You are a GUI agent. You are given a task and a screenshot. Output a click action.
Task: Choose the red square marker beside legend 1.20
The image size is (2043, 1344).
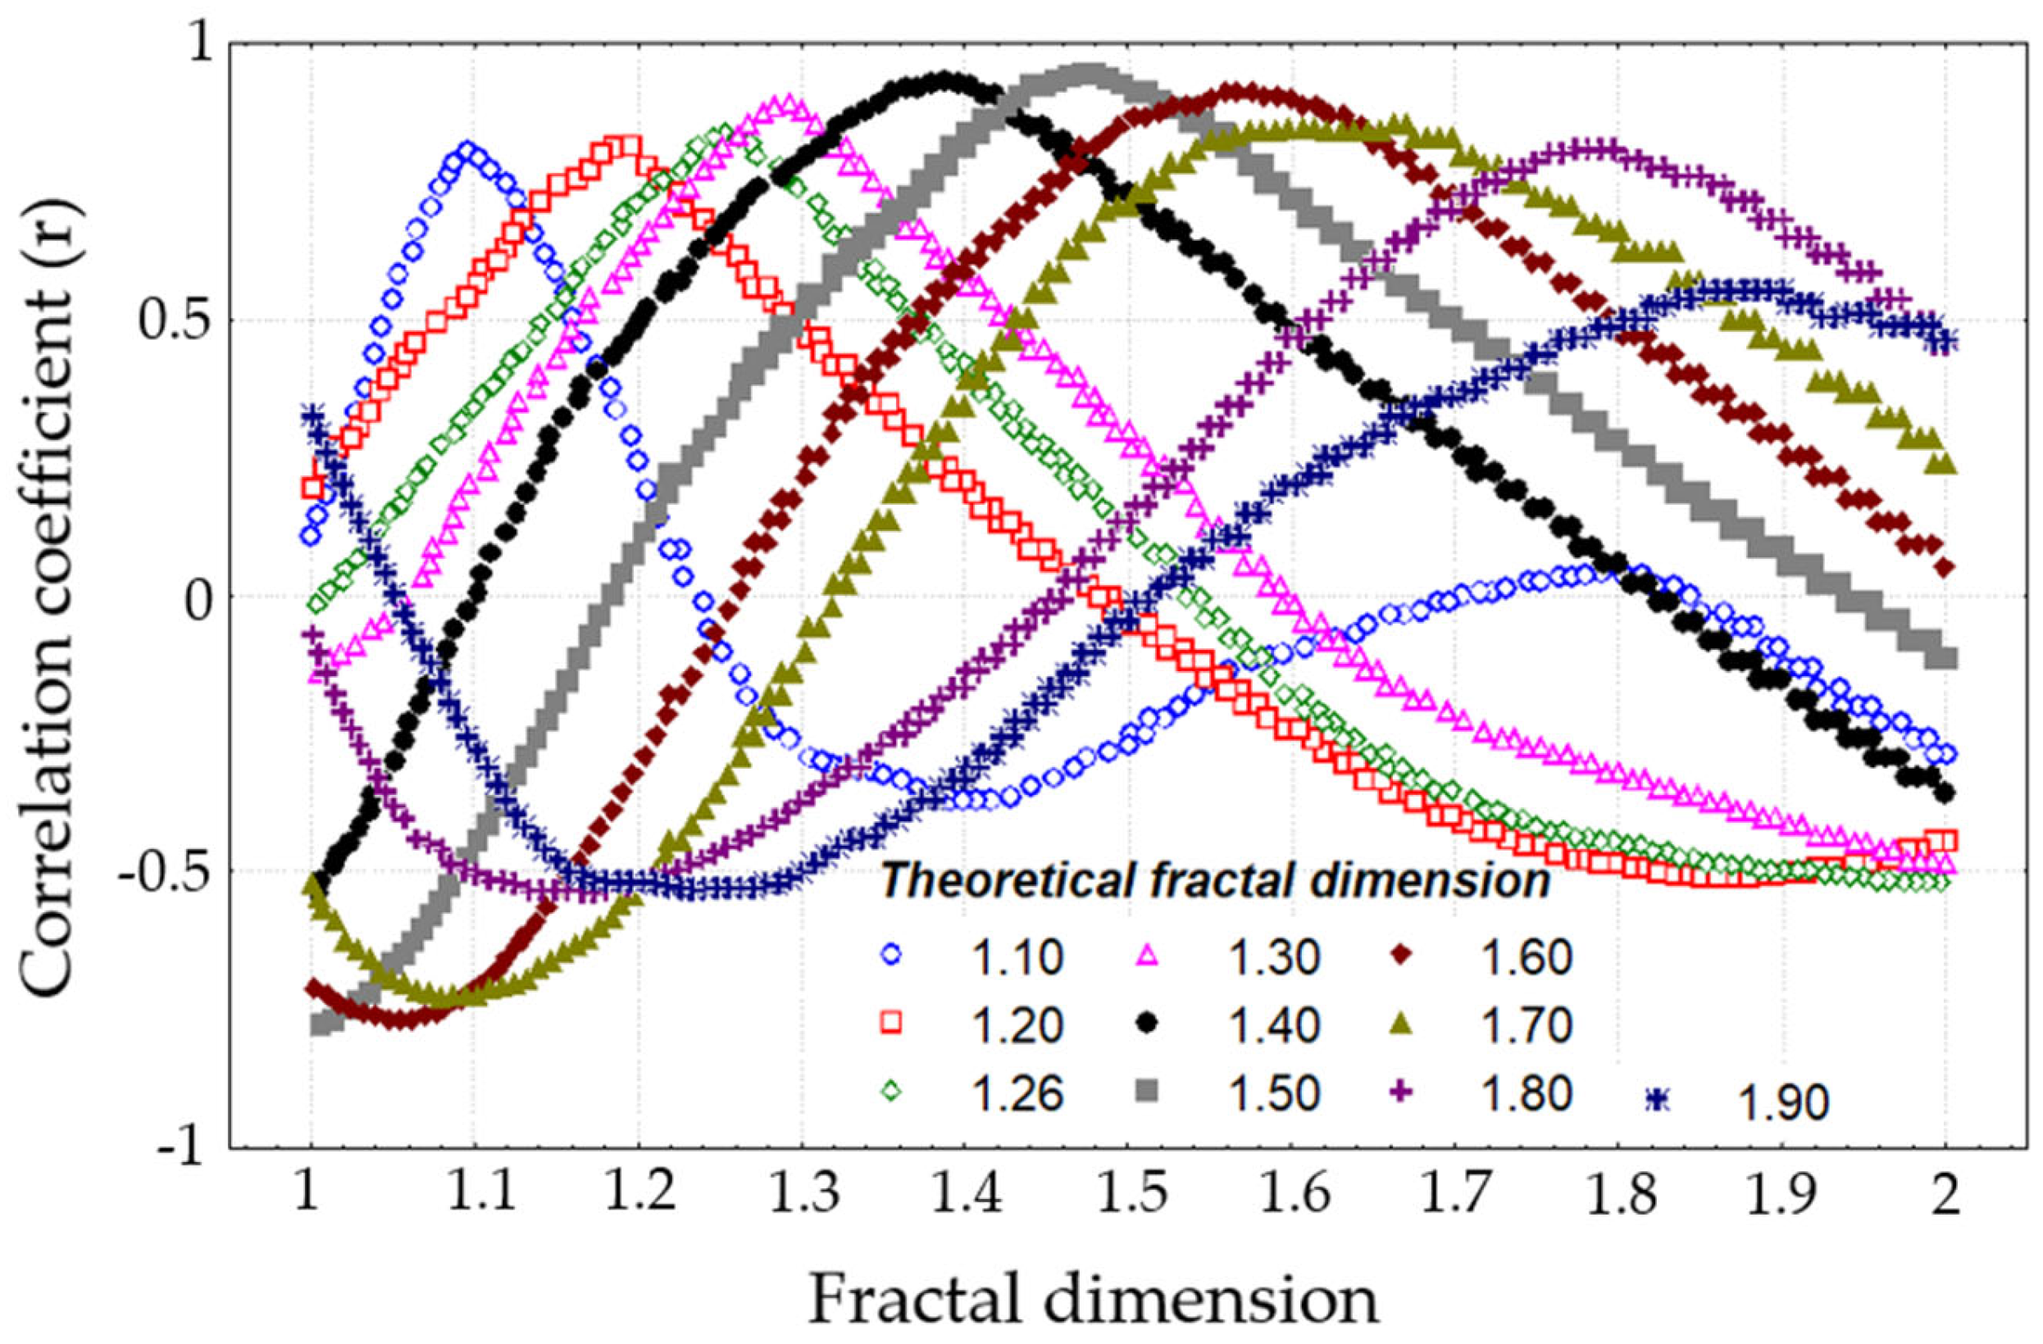pos(892,1022)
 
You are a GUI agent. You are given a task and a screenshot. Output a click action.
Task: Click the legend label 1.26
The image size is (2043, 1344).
pos(1019,1092)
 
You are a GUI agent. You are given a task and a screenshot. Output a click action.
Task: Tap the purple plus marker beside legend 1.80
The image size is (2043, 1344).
pos(1402,1092)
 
